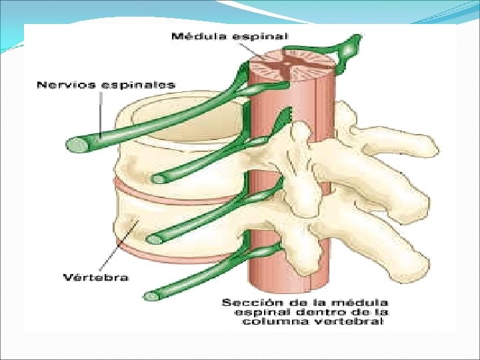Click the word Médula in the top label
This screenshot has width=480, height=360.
(x=195, y=36)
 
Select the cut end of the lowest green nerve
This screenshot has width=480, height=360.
(x=151, y=295)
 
